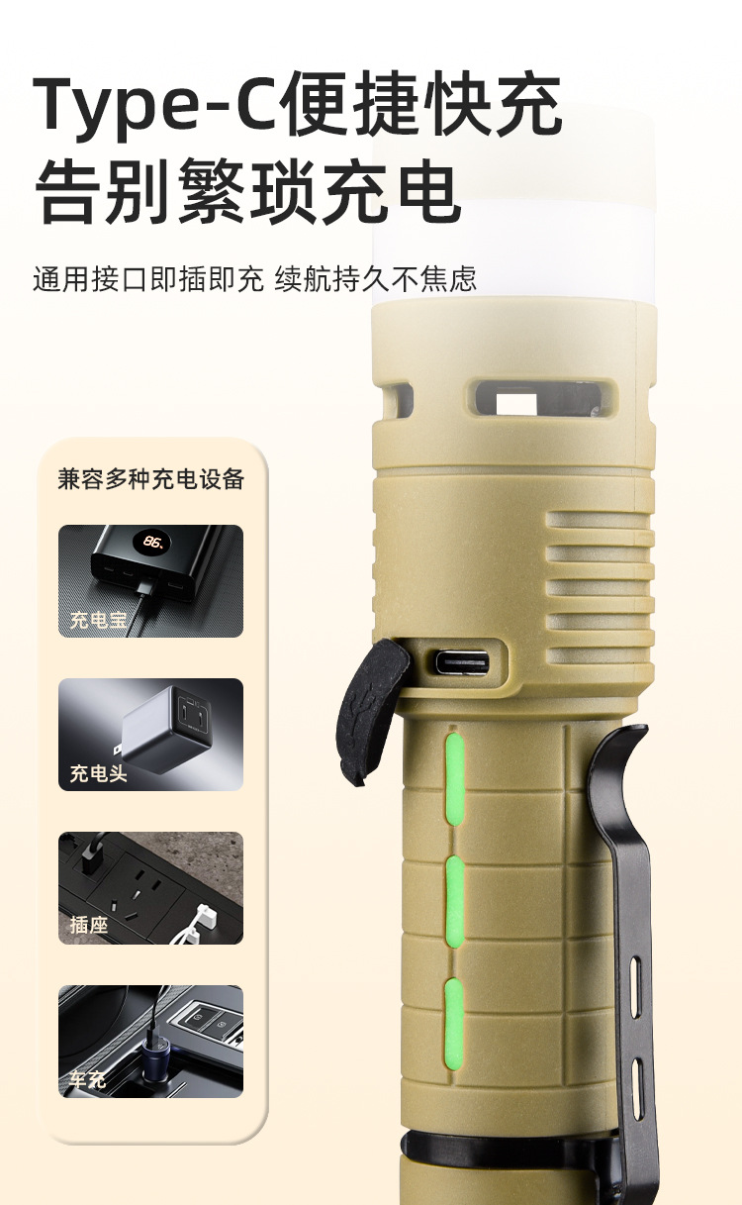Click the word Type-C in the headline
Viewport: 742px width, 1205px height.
pos(157,104)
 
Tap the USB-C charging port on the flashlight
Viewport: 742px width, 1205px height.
pos(462,661)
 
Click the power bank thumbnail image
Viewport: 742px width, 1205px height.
pos(150,581)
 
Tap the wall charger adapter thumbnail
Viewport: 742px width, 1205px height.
pos(150,735)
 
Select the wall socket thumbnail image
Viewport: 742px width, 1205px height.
pos(150,888)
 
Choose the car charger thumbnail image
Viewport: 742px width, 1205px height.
pos(150,1042)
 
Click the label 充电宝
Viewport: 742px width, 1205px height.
pos(98,620)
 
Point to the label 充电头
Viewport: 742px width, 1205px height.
pos(98,773)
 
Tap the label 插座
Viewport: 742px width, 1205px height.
pos(89,925)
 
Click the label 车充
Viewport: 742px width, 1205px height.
pos(88,1079)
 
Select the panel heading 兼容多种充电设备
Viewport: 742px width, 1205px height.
pos(151,479)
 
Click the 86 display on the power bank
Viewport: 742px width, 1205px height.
pos(154,542)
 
